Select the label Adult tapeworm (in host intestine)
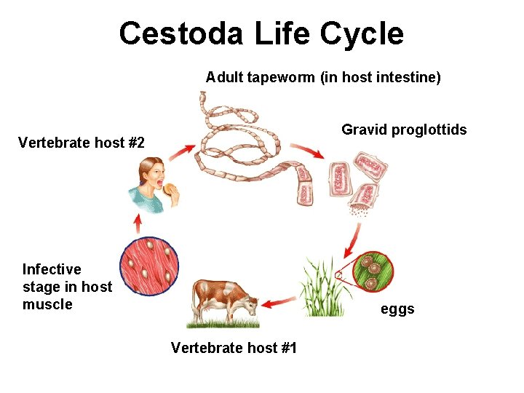(323, 77)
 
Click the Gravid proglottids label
(404, 130)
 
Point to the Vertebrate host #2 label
(82, 143)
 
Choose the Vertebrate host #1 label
(234, 348)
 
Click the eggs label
(397, 309)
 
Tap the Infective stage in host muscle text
(67, 287)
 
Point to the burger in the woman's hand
(171, 190)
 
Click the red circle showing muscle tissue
(150, 268)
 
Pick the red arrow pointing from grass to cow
(280, 301)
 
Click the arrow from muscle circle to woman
(137, 223)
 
